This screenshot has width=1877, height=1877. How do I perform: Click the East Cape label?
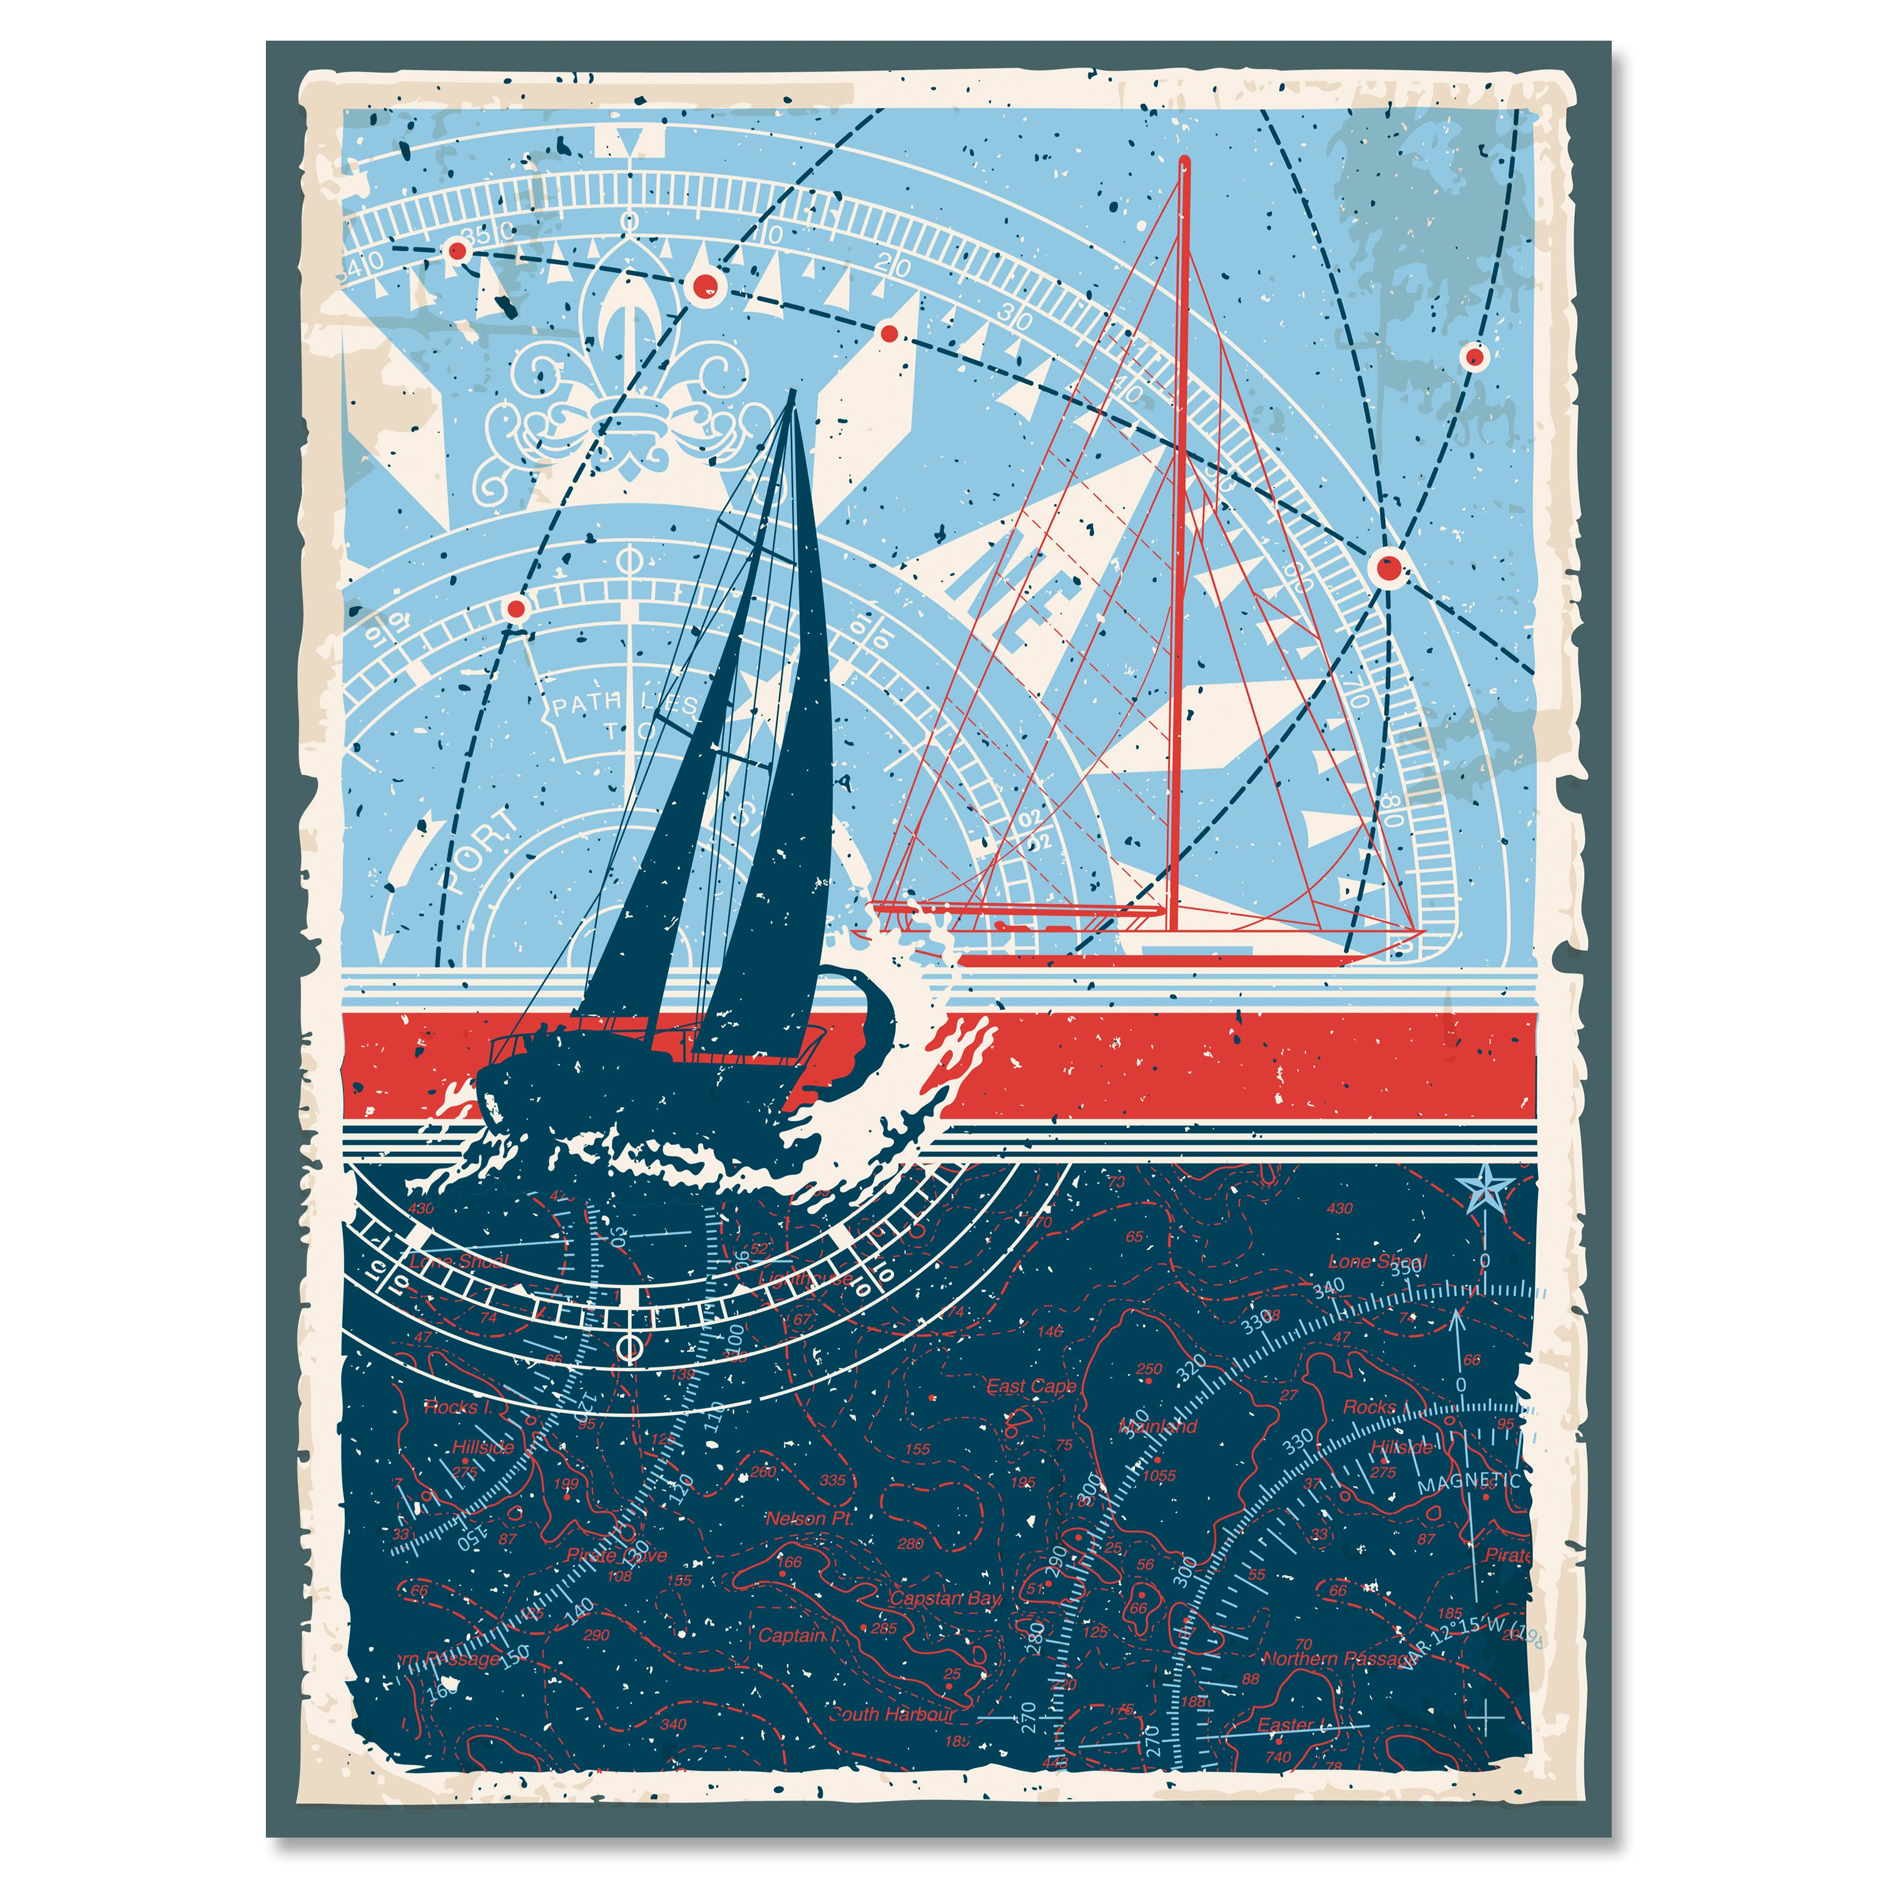[1031, 1386]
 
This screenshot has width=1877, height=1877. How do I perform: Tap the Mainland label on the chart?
[1159, 1427]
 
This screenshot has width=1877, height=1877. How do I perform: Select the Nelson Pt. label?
[809, 1518]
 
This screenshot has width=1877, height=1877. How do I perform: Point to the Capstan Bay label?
[945, 1598]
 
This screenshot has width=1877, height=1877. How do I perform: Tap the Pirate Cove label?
[617, 1555]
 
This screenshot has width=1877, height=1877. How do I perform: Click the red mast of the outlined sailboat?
[1183, 544]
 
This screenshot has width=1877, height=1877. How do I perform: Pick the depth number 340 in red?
[673, 1724]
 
